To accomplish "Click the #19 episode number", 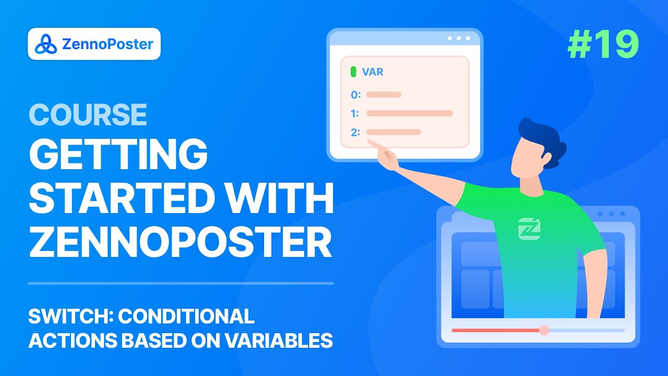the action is pos(603,45).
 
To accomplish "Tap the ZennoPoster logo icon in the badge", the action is pos(45,44).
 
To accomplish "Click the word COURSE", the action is pos(88,114).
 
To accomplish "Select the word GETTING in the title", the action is pos(118,154).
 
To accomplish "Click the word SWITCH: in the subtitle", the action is pos(70,316).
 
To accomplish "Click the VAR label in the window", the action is pos(373,72).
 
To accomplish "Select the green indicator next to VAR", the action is pos(353,72).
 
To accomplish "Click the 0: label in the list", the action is pos(356,95).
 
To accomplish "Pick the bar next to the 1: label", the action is pos(410,113).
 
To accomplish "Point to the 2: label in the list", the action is pos(355,132).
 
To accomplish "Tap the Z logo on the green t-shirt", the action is pos(529,229).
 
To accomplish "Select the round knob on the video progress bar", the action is pos(544,331).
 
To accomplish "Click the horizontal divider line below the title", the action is pos(181,284).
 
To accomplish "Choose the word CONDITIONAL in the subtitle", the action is pos(186,316).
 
